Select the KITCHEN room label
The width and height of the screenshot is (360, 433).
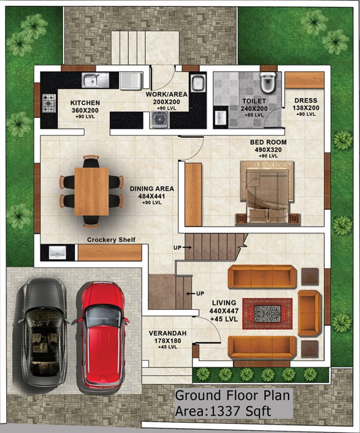tap(85, 103)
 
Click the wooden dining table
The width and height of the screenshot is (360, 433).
tap(91, 191)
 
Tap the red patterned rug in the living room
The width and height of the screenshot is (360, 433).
tap(267, 313)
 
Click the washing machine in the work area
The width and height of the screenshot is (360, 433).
tap(160, 119)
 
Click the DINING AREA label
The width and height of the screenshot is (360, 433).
tap(152, 189)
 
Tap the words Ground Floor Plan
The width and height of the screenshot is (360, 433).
tap(233, 396)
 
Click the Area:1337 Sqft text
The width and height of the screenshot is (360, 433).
tap(223, 411)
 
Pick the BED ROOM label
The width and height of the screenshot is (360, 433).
tap(269, 142)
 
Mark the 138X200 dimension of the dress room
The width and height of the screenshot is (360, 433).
tap(306, 108)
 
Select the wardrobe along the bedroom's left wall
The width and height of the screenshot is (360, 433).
tap(193, 194)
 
